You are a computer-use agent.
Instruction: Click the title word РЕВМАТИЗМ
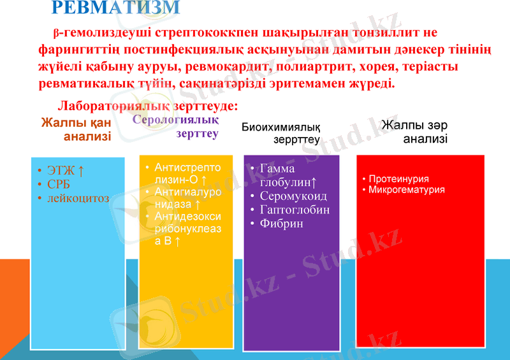[115, 8]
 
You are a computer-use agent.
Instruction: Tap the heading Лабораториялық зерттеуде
[149, 106]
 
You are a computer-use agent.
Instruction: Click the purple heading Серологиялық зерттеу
[176, 126]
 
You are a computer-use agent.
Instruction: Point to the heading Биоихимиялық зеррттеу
[281, 133]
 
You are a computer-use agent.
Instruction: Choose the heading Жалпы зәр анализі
[415, 132]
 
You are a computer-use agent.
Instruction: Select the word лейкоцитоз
[78, 198]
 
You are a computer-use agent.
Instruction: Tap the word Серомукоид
[293, 196]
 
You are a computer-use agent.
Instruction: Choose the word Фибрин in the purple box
[281, 224]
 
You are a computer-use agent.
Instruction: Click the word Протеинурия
[398, 179]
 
